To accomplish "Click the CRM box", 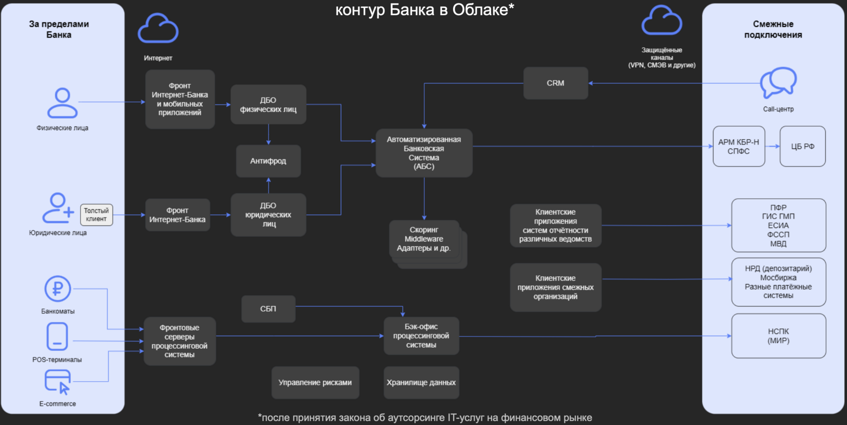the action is click(x=556, y=83).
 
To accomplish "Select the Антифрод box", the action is click(x=268, y=161).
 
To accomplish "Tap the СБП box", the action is click(x=268, y=309).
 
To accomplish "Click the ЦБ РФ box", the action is click(x=803, y=146).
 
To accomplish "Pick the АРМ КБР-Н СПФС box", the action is click(x=739, y=146).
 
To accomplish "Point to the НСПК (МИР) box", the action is click(x=778, y=336).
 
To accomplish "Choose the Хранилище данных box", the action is click(x=421, y=383).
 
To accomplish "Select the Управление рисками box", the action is click(x=315, y=383).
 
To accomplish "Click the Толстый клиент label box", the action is click(x=96, y=215).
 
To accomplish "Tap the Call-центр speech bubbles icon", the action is click(x=778, y=83).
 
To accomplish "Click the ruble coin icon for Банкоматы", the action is click(x=57, y=289).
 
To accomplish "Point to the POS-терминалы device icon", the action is click(x=57, y=336).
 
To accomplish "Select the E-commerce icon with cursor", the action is click(x=57, y=382).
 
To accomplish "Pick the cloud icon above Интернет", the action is click(x=158, y=29).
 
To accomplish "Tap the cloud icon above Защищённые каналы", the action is click(x=661, y=21).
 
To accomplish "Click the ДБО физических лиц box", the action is click(x=268, y=104).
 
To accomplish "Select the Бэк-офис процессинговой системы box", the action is click(x=421, y=336).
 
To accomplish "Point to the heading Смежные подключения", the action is click(x=773, y=29).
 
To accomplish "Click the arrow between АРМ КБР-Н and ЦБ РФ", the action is click(x=772, y=146).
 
